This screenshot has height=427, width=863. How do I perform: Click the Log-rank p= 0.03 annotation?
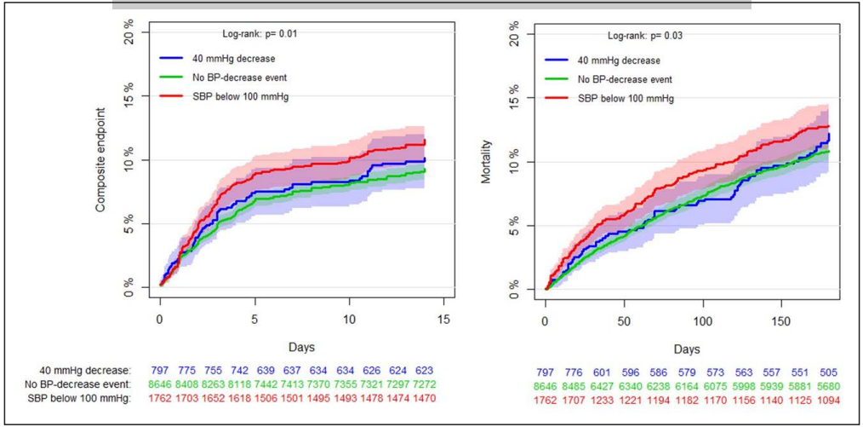pos(644,35)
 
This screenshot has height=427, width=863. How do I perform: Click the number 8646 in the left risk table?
pos(162,385)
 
